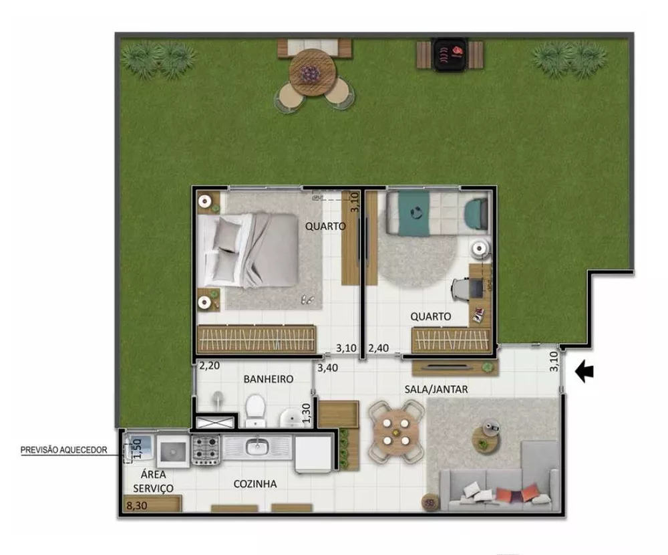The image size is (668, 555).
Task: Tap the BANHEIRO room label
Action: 269,379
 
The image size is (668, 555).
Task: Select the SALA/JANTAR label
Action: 436,388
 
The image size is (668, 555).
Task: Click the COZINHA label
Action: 255,484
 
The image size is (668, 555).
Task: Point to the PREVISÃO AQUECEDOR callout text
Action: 64,450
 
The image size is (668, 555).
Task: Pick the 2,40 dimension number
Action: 379,348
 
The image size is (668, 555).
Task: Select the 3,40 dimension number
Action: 328,368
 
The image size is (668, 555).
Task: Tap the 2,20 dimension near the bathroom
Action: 210,366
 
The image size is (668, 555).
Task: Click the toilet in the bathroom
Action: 255,409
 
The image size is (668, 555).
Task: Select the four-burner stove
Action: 206,449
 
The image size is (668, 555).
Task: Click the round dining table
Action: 396,433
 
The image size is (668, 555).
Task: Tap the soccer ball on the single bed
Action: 415,213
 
